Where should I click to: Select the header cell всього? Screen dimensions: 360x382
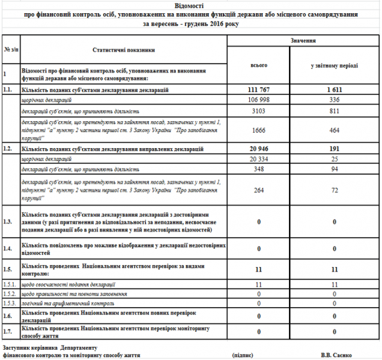(258, 64)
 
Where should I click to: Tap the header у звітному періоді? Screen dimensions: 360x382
(335, 64)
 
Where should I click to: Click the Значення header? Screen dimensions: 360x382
(303, 40)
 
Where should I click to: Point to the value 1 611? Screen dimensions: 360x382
(335, 89)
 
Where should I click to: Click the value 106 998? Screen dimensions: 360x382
(258, 100)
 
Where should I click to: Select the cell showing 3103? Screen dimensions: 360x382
(258, 111)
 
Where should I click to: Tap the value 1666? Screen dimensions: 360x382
(258, 130)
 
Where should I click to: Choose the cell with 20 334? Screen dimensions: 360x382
(258, 158)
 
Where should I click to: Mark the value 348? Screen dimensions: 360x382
(258, 169)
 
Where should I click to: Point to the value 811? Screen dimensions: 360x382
(335, 111)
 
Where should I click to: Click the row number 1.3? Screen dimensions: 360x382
(8, 222)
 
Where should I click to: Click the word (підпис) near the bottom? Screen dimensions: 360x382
(242, 355)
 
